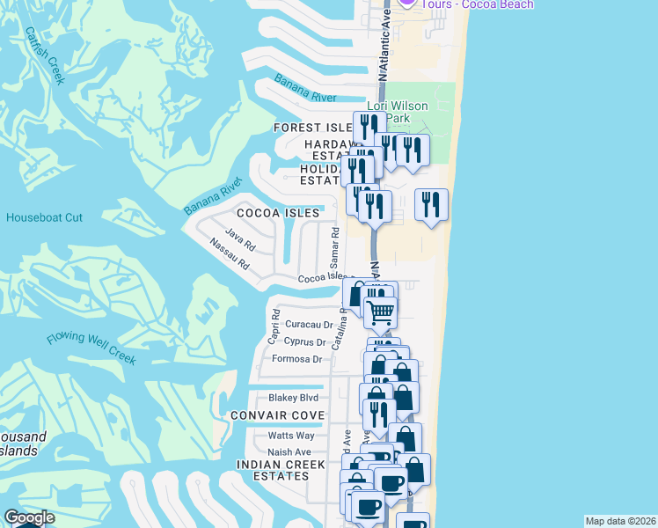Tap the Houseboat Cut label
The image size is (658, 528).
44,217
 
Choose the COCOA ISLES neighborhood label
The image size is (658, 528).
277,213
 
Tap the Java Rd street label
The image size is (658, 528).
239,235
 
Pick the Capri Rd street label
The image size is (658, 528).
274,327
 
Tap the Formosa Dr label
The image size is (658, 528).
296,359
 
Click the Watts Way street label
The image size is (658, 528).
291,436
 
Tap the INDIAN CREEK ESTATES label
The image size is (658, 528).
274,470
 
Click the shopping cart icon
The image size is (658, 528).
380,312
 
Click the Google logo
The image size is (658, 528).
29,517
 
